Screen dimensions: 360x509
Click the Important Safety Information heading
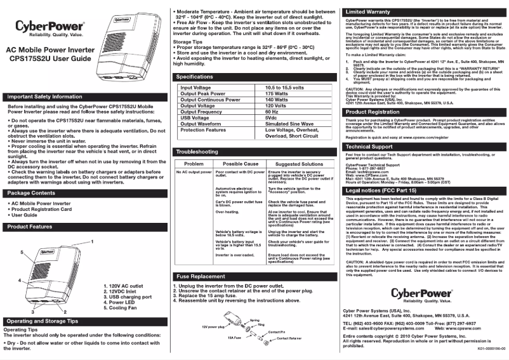tap(45, 97)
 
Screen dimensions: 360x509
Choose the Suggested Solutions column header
tap(294, 164)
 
